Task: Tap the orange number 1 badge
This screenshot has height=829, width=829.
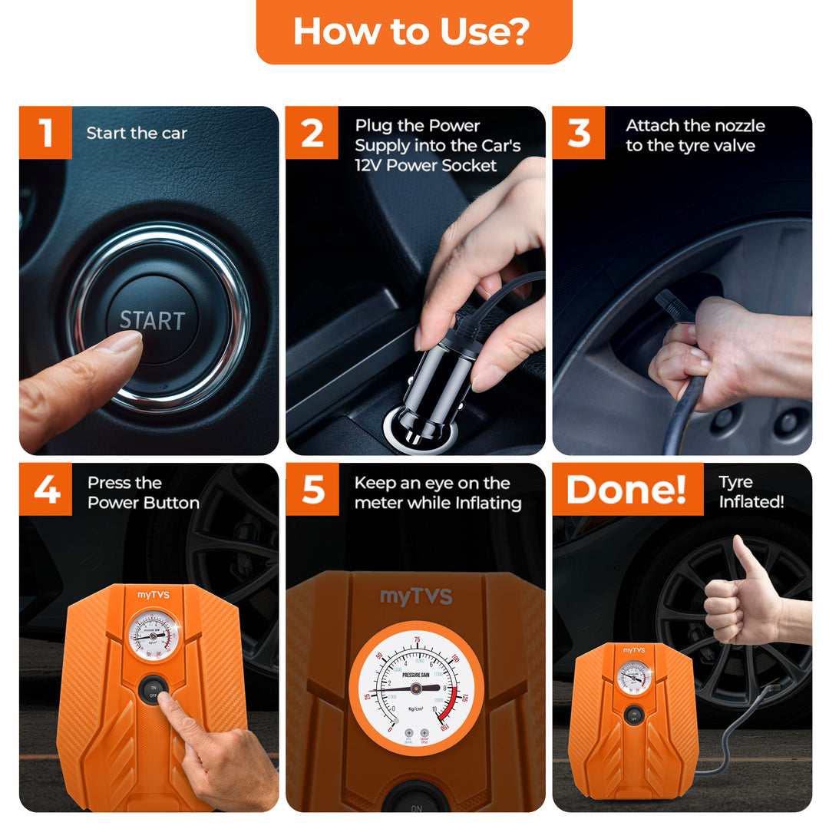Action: point(45,133)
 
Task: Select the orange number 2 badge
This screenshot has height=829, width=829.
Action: point(312,133)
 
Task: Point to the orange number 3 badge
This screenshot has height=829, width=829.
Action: point(578,133)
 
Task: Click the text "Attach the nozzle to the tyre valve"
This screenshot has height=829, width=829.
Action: point(695,136)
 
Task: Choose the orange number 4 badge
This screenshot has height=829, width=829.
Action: point(45,489)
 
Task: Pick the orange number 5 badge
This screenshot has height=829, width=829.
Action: point(312,489)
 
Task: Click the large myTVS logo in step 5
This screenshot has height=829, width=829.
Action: point(416,597)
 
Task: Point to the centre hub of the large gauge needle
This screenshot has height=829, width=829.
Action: point(415,688)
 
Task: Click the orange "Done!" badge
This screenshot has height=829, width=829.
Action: point(627,489)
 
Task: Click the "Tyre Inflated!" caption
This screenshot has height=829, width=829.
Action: point(751,492)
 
